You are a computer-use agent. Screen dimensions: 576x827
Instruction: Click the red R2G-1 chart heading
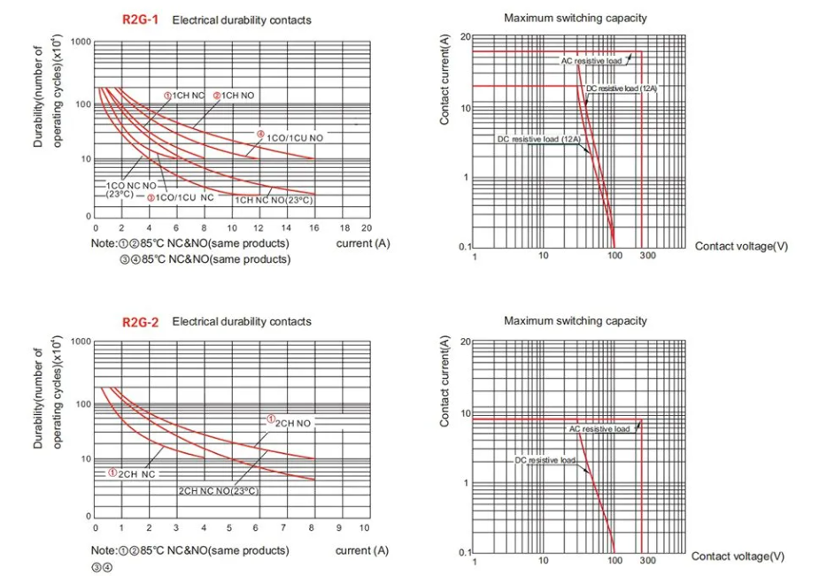[x=141, y=19]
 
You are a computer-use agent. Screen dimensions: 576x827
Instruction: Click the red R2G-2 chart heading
[x=141, y=322]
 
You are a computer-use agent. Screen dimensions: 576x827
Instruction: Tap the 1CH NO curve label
[x=238, y=95]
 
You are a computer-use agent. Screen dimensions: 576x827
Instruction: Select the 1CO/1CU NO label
[x=296, y=139]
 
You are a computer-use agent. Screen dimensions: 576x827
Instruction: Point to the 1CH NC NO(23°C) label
[x=274, y=201]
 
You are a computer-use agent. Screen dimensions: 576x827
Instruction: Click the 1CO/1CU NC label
[x=185, y=197]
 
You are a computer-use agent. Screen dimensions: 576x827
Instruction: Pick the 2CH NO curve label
[x=293, y=424]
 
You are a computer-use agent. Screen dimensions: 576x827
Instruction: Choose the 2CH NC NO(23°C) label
[x=220, y=490]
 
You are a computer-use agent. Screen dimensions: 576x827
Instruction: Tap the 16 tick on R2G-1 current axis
[x=314, y=227]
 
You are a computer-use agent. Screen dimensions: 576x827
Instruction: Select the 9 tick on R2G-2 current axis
[x=336, y=527]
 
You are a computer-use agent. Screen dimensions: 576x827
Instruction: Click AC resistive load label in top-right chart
[x=591, y=61]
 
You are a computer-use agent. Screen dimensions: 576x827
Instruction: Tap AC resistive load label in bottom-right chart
[x=599, y=429]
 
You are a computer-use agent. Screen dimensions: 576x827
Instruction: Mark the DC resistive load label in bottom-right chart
[x=545, y=461]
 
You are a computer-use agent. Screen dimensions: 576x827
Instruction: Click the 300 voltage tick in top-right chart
[x=648, y=256]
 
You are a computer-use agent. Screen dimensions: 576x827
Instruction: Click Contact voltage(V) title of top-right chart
[x=741, y=246]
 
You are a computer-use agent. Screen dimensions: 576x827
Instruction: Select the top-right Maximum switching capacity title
[x=576, y=18]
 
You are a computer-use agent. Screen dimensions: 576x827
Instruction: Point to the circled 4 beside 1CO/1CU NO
[x=261, y=134]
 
